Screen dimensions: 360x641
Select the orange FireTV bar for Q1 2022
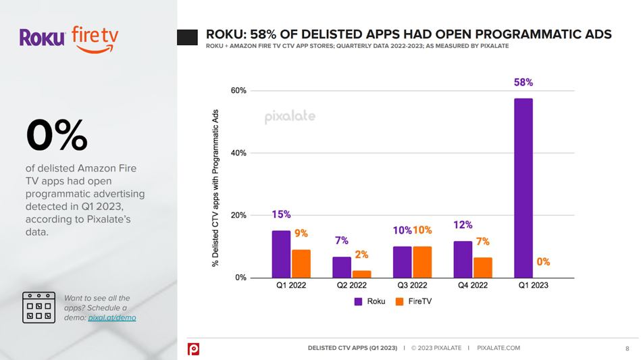pyautogui.click(x=301, y=263)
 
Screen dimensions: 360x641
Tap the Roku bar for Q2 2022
pyautogui.click(x=342, y=267)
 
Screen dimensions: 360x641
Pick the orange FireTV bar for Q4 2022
pyautogui.click(x=482, y=267)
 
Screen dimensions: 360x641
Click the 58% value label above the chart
pyautogui.click(x=523, y=82)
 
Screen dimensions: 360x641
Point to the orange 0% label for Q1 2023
pyautogui.click(x=543, y=262)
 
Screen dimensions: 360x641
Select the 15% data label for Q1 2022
pyautogui.click(x=281, y=215)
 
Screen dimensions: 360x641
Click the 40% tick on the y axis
pyautogui.click(x=238, y=153)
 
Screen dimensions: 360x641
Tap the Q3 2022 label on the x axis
pyautogui.click(x=411, y=286)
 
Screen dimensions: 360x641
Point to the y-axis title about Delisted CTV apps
pyautogui.click(x=216, y=188)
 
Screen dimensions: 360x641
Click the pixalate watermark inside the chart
pyautogui.click(x=289, y=116)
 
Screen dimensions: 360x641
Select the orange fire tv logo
pyautogui.click(x=95, y=37)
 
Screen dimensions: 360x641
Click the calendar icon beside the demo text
pyautogui.click(x=39, y=307)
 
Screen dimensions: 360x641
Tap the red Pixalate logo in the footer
pyautogui.click(x=194, y=349)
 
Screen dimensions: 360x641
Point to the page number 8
pyautogui.click(x=627, y=349)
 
